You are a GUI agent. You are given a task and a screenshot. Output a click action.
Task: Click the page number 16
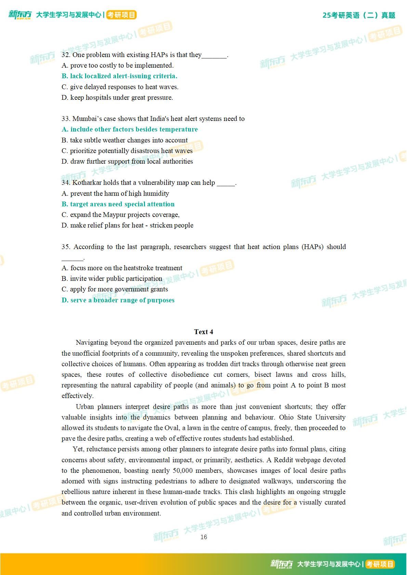pyautogui.click(x=203, y=537)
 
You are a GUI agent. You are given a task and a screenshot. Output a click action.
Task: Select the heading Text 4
pyautogui.click(x=203, y=332)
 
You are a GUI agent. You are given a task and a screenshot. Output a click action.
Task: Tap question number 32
pyautogui.click(x=66, y=55)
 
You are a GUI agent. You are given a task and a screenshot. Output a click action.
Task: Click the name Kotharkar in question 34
pyautogui.click(x=87, y=182)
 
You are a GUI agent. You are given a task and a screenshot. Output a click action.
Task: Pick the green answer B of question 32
pyautogui.click(x=119, y=76)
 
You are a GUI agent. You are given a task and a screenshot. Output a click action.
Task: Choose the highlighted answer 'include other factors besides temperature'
pyautogui.click(x=130, y=129)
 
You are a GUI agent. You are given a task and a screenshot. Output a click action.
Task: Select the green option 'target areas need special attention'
pyautogui.click(x=118, y=204)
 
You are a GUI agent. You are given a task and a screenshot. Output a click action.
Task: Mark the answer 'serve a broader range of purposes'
pyautogui.click(x=118, y=300)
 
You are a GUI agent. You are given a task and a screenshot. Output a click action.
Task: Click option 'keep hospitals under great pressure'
pyautogui.click(x=117, y=97)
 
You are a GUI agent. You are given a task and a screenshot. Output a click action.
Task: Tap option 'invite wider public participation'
pyautogui.click(x=112, y=278)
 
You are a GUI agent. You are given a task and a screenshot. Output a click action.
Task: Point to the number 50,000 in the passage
pyautogui.click(x=183, y=470)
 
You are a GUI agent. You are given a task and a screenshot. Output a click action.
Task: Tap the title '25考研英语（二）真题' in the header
pyautogui.click(x=359, y=15)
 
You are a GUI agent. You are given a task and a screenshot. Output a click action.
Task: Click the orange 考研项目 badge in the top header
pyautogui.click(x=121, y=15)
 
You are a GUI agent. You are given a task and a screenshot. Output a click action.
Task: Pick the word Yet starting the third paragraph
pyautogui.click(x=78, y=449)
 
